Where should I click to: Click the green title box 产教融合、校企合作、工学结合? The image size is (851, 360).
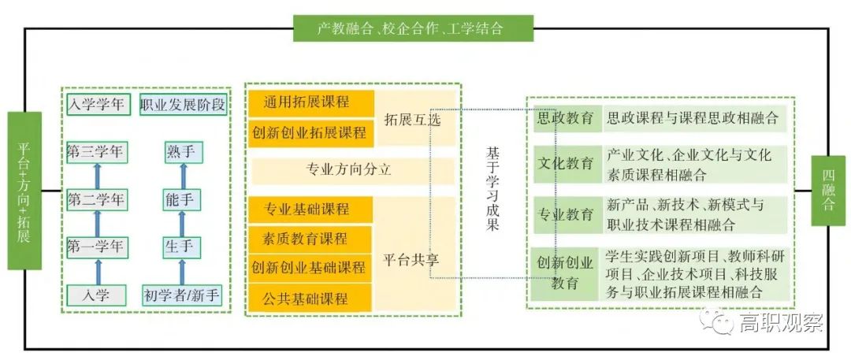[x=413, y=28]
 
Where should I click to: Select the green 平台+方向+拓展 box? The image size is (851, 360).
[x=24, y=191]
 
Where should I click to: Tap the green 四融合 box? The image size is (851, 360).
[x=828, y=191]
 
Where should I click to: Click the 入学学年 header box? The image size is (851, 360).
[x=95, y=104]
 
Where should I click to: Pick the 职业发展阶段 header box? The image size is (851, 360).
[x=183, y=104]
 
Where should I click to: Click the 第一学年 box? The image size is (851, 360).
[x=95, y=247]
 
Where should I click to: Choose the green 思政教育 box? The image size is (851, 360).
[x=566, y=119]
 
